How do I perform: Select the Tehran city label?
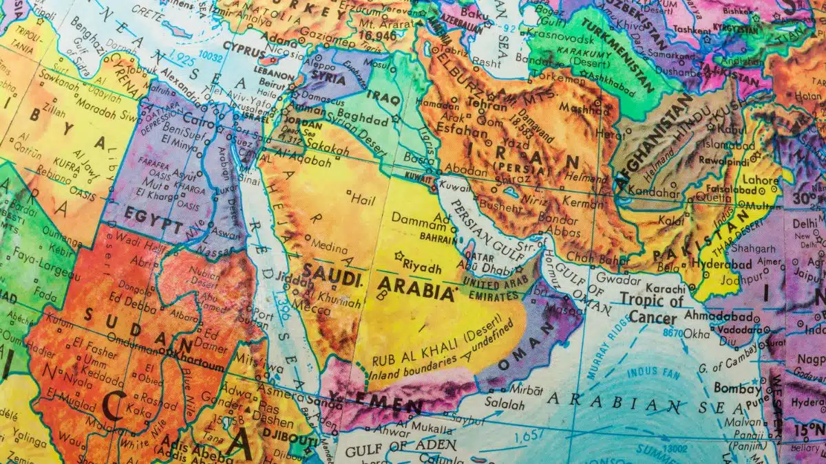(x=487, y=103)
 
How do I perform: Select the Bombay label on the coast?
(x=734, y=387)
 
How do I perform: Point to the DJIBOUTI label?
(x=292, y=441)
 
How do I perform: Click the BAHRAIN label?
(x=436, y=239)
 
